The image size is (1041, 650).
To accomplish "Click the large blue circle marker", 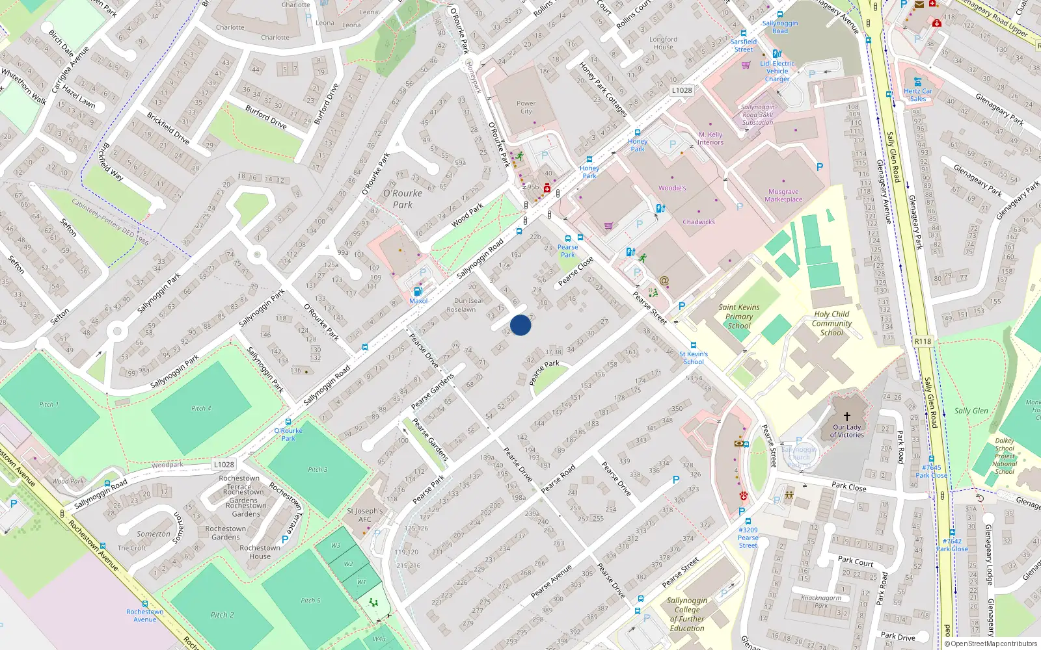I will pyautogui.click(x=520, y=325).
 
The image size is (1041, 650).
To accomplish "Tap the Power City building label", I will pyautogui.click(x=526, y=107).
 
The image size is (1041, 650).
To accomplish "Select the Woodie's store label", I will pyautogui.click(x=672, y=188).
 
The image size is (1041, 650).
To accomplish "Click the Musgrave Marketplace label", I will pyautogui.click(x=783, y=196).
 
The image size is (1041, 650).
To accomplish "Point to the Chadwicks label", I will pyautogui.click(x=699, y=222).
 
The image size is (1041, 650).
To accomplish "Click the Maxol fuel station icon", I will pyautogui.click(x=418, y=291).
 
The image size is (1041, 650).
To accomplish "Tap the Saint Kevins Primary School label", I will pyautogui.click(x=738, y=317).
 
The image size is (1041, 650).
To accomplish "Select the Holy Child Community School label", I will pyautogui.click(x=831, y=323).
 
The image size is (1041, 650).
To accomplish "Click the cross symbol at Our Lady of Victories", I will pyautogui.click(x=847, y=416).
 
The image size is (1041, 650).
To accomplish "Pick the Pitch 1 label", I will pyautogui.click(x=49, y=404).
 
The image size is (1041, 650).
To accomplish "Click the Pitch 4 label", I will pyautogui.click(x=201, y=408).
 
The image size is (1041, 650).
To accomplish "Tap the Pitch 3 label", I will pyautogui.click(x=318, y=469).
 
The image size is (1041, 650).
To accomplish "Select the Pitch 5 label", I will pyautogui.click(x=310, y=601).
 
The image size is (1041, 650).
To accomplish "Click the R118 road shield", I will pyautogui.click(x=923, y=341).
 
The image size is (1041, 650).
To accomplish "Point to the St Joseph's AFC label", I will pyautogui.click(x=365, y=515).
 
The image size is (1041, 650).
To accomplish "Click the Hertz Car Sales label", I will pyautogui.click(x=918, y=95).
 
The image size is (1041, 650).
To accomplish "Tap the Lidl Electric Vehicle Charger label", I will pyautogui.click(x=777, y=71).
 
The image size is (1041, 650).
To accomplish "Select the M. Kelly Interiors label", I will pyautogui.click(x=710, y=138).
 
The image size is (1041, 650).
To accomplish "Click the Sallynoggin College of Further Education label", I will pyautogui.click(x=687, y=614).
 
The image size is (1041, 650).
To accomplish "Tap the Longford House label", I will pyautogui.click(x=663, y=43).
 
